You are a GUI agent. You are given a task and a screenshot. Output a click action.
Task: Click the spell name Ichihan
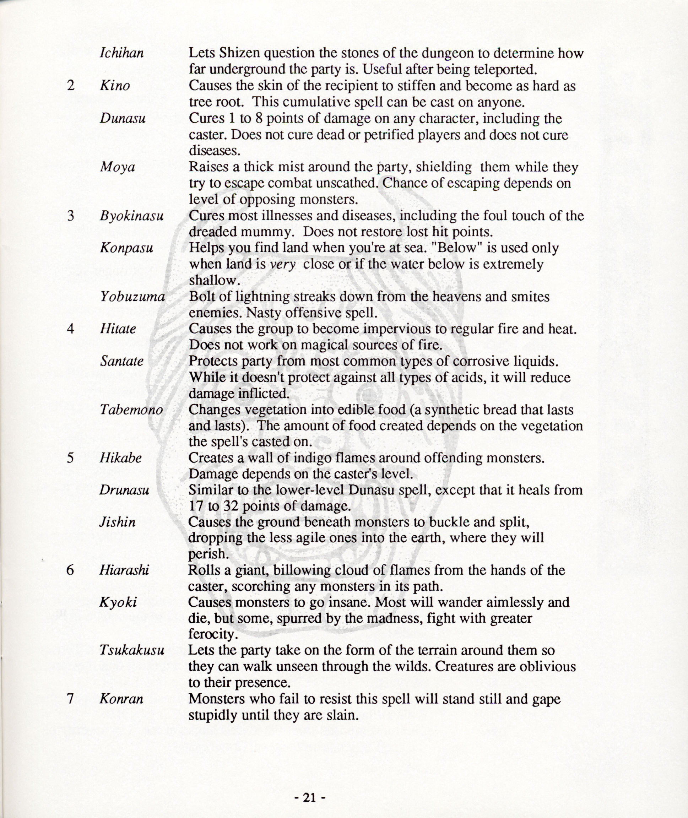tap(122, 53)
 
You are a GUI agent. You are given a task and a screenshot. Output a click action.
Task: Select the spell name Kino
tap(115, 86)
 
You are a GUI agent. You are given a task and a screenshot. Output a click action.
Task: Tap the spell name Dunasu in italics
tap(123, 118)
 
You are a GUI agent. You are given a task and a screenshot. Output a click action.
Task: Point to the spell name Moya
tap(118, 167)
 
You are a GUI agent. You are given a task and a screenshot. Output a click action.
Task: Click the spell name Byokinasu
tap(131, 216)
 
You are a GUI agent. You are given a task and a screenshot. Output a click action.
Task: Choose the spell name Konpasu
tap(126, 248)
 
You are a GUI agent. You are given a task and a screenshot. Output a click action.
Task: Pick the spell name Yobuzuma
tap(132, 297)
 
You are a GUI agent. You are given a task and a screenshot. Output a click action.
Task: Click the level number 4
tap(70, 329)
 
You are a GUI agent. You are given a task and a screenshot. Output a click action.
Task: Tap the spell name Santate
tap(122, 361)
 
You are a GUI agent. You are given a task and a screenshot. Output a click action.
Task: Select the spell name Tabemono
tap(131, 410)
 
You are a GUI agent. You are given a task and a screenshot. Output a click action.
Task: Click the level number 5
tap(70, 457)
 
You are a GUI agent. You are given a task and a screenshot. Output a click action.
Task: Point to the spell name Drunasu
tap(124, 490)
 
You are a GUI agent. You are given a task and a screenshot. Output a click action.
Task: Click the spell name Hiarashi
tap(124, 571)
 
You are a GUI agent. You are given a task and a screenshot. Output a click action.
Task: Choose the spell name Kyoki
tap(118, 603)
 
